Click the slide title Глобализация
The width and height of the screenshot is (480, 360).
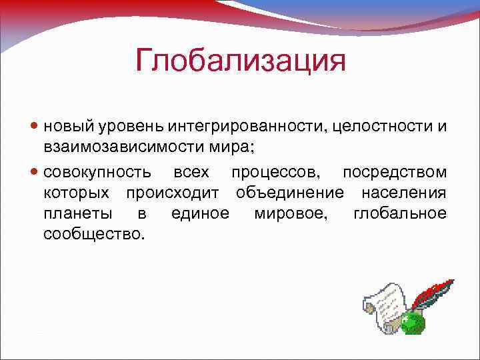click(241, 61)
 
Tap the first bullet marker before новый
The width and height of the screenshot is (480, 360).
click(35, 126)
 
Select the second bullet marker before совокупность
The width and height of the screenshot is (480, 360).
click(35, 173)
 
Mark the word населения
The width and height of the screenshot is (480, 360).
click(404, 193)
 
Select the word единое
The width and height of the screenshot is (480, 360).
click(200, 214)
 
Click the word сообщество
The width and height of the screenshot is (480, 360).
click(93, 234)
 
